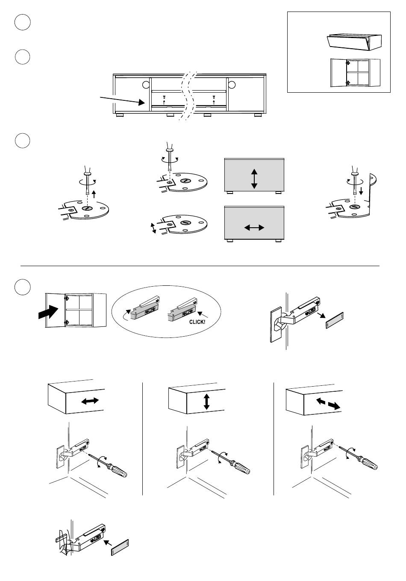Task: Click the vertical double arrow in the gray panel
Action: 254,179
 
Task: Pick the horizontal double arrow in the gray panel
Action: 254,228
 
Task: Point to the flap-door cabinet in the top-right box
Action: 353,42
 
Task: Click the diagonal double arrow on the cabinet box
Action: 328,404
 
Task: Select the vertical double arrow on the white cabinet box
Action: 206,402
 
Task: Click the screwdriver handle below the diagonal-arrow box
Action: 369,464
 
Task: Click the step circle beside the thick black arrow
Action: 22,287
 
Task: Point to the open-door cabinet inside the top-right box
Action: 355,73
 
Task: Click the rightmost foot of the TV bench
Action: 258,115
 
